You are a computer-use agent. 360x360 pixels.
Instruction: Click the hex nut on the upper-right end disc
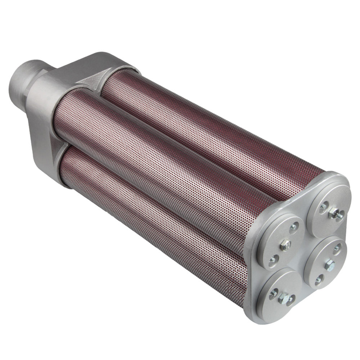pyautogui.click(x=335, y=215)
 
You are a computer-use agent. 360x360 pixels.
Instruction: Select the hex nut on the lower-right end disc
pyautogui.click(x=329, y=265)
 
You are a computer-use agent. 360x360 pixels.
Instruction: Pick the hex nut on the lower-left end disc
pyautogui.click(x=284, y=298)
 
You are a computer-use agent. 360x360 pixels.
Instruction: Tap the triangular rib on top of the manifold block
pyautogui.click(x=88, y=81)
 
